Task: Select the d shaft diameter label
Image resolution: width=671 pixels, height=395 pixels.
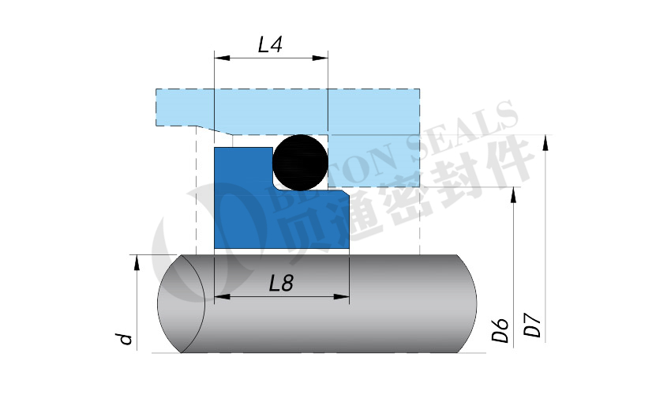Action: pos(125,339)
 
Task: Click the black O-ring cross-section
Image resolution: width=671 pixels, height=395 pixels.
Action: pos(300,162)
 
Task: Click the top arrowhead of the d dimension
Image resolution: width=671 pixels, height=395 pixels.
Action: pos(136,261)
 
